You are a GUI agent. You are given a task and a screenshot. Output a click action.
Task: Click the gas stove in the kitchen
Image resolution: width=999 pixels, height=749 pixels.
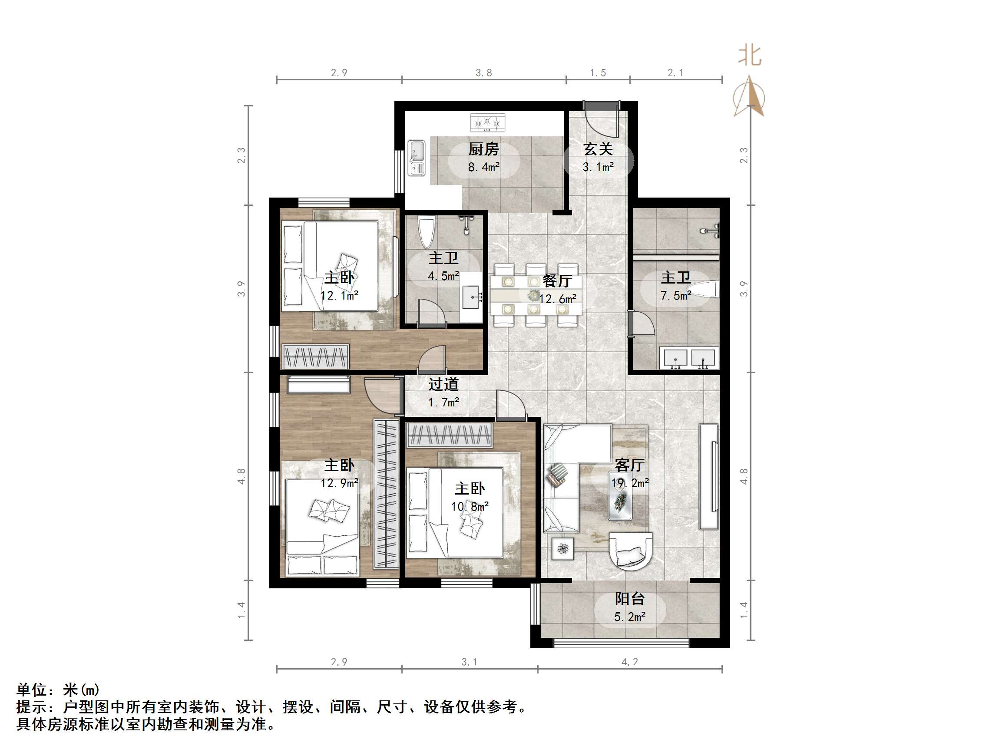[487, 122]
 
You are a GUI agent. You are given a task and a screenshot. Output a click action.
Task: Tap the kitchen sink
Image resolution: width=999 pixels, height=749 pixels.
[417, 158]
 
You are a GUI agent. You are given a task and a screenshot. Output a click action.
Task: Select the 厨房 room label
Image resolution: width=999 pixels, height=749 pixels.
[483, 148]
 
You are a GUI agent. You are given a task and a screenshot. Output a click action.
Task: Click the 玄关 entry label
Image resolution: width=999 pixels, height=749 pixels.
[598, 148]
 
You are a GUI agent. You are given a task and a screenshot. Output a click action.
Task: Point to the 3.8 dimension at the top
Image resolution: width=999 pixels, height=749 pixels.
[483, 73]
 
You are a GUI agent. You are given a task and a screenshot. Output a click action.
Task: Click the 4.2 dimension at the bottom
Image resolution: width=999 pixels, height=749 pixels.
[629, 662]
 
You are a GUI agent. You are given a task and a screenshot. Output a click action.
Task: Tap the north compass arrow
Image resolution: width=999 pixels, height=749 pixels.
[749, 97]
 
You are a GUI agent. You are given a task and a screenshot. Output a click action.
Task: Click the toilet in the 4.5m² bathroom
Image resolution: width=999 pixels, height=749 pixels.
[427, 231]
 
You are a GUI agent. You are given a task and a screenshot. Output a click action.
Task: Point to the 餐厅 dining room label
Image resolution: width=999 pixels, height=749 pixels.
[557, 281]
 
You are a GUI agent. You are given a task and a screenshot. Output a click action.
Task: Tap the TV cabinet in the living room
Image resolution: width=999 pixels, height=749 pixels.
[708, 476]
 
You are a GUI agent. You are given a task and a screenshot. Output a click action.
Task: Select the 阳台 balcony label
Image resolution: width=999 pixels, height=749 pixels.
[629, 599]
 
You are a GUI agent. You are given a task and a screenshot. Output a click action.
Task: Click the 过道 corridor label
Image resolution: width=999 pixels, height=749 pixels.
[443, 384]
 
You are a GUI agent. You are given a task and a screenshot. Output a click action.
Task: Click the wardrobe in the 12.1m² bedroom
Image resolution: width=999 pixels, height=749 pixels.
[316, 356]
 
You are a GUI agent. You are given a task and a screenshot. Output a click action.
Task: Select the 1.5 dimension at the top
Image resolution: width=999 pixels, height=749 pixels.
[598, 73]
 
